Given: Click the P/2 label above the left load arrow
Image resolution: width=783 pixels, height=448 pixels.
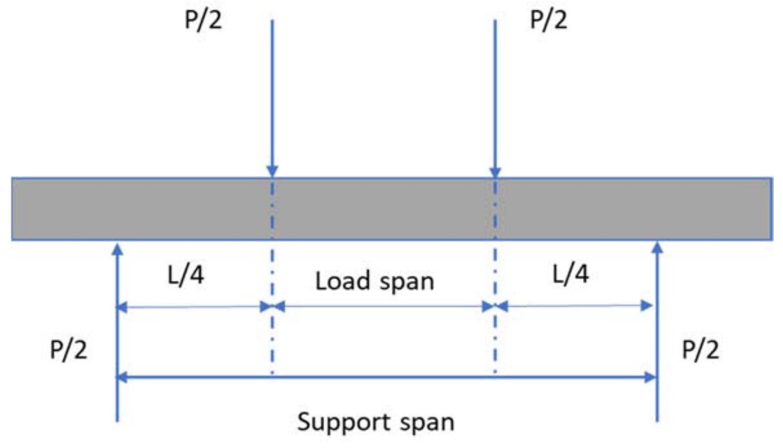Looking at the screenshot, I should click(x=203, y=20).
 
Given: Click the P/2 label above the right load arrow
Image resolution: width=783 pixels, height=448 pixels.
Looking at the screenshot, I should click(x=548, y=20).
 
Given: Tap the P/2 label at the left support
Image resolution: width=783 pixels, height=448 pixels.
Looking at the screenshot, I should click(x=68, y=349).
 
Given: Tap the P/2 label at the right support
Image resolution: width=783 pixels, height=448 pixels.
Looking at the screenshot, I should click(x=700, y=349).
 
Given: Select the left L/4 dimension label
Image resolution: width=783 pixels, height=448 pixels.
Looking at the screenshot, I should click(x=186, y=274).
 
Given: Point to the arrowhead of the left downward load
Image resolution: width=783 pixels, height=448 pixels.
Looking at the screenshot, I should click(x=272, y=171).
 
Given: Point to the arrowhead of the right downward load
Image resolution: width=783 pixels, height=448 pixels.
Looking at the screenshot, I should click(x=495, y=171).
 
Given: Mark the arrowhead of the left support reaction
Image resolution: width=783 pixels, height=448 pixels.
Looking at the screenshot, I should click(x=117, y=249).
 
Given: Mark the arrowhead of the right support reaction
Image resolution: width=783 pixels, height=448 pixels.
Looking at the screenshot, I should click(x=657, y=248).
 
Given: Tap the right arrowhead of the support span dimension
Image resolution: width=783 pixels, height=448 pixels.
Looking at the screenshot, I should click(x=651, y=378).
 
